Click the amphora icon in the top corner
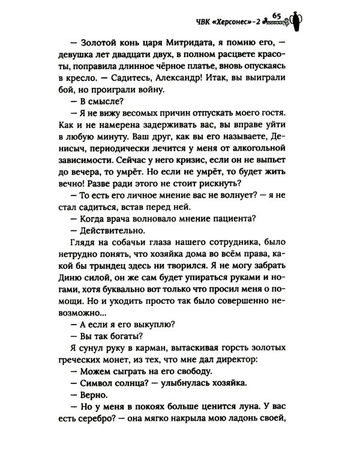[x=301, y=21]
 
